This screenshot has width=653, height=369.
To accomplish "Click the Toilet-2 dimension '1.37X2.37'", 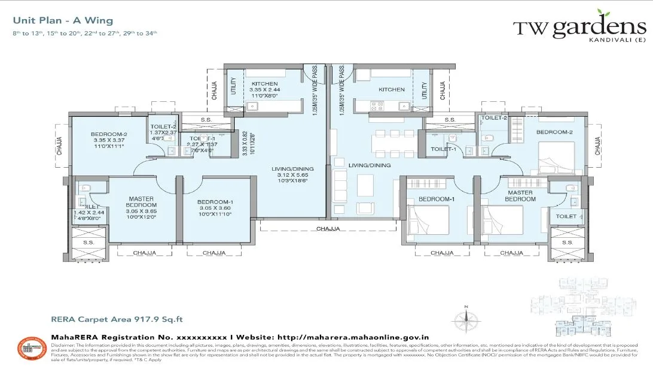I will point(163,132).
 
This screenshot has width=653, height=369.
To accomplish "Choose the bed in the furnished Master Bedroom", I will point(503,220).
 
